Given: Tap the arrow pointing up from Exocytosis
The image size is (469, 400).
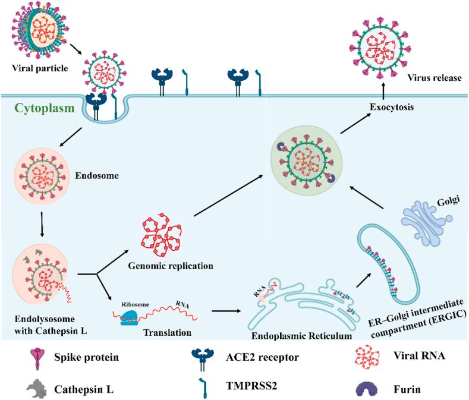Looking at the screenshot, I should tap(382, 91).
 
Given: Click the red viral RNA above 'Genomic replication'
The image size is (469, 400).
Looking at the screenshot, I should tap(159, 236).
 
